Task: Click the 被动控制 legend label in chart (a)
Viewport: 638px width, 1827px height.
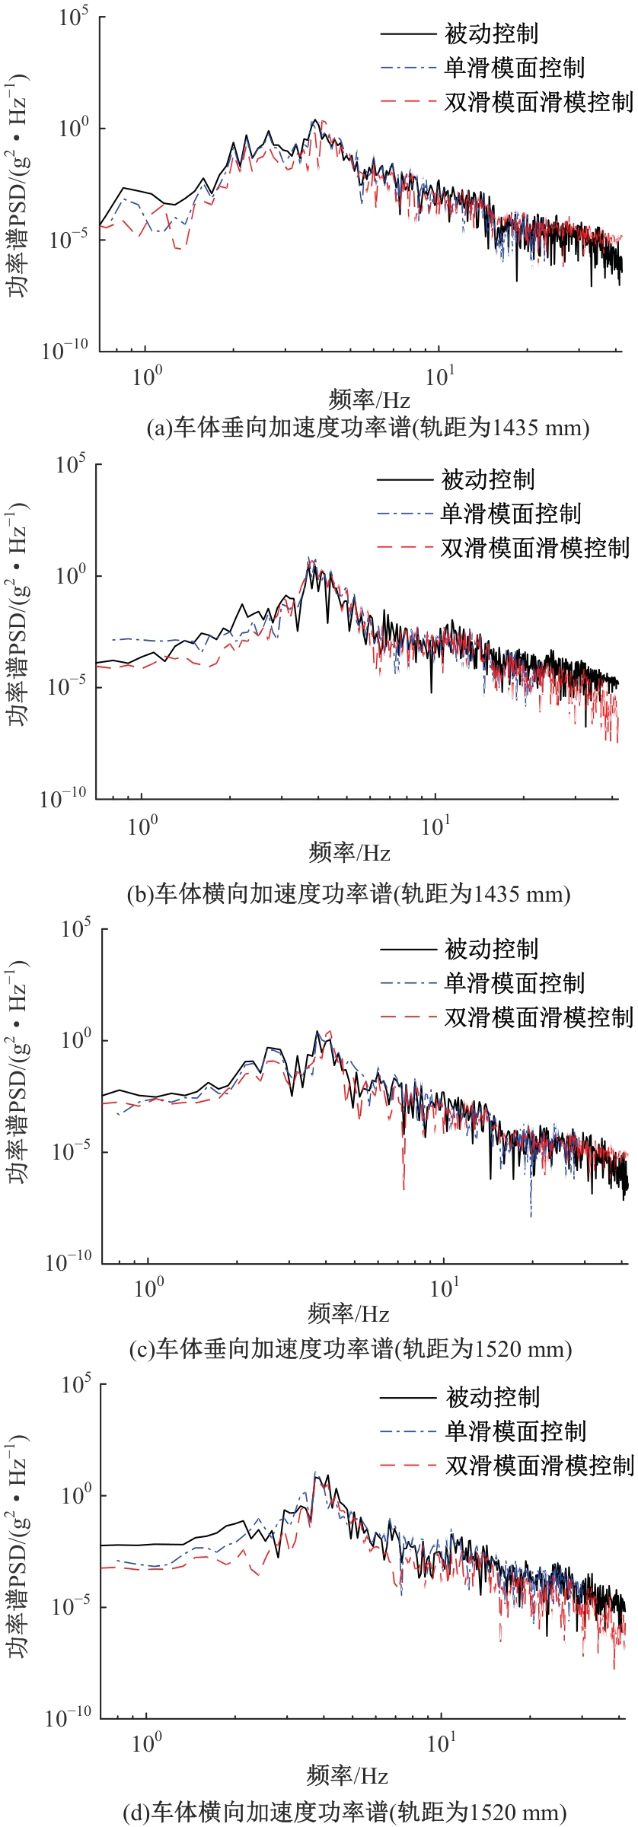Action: (x=491, y=34)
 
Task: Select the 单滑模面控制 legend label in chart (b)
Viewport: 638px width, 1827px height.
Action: (x=510, y=514)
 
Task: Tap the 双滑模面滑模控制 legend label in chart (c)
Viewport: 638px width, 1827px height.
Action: (x=538, y=1017)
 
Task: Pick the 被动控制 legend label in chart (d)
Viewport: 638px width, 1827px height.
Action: (x=493, y=1397)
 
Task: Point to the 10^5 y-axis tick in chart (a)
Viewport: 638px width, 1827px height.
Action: (x=74, y=17)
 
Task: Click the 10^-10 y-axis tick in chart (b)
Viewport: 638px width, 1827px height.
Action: (x=63, y=798)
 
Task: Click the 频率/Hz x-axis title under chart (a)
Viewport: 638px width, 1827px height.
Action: (x=369, y=400)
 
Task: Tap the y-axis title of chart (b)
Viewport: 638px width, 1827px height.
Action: (x=18, y=613)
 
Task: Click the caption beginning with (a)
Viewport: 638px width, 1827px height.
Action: (x=368, y=428)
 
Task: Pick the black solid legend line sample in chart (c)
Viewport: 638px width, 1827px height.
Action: (x=407, y=950)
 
